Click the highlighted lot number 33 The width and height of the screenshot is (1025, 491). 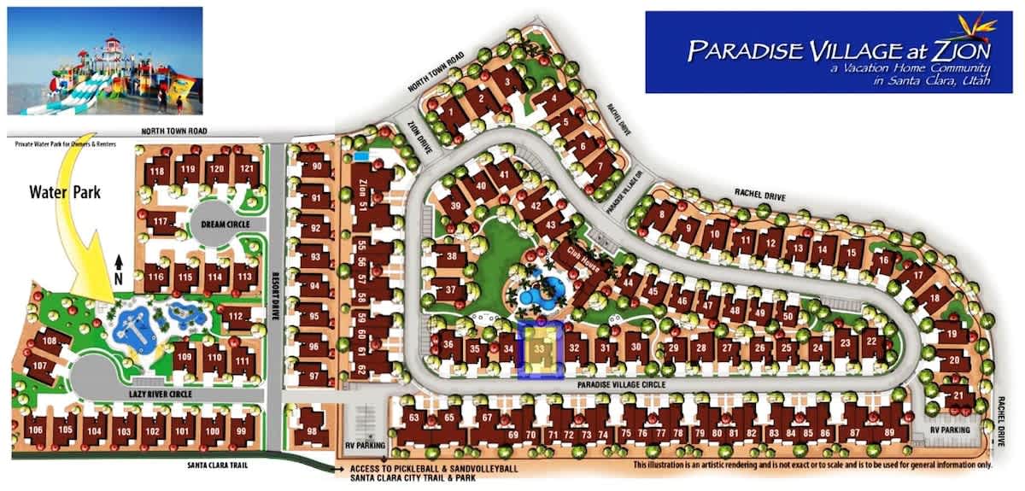tap(539, 348)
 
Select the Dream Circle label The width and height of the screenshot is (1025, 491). tap(226, 224)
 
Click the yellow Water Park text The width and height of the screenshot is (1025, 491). tap(65, 193)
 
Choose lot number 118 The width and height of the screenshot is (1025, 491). tap(157, 172)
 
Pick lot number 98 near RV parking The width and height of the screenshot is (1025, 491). tap(312, 431)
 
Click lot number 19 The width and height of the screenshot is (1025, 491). tap(952, 335)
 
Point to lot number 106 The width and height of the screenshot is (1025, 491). tap(36, 429)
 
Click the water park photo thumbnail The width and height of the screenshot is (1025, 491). tap(105, 61)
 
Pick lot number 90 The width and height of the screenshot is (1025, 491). tap(317, 167)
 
